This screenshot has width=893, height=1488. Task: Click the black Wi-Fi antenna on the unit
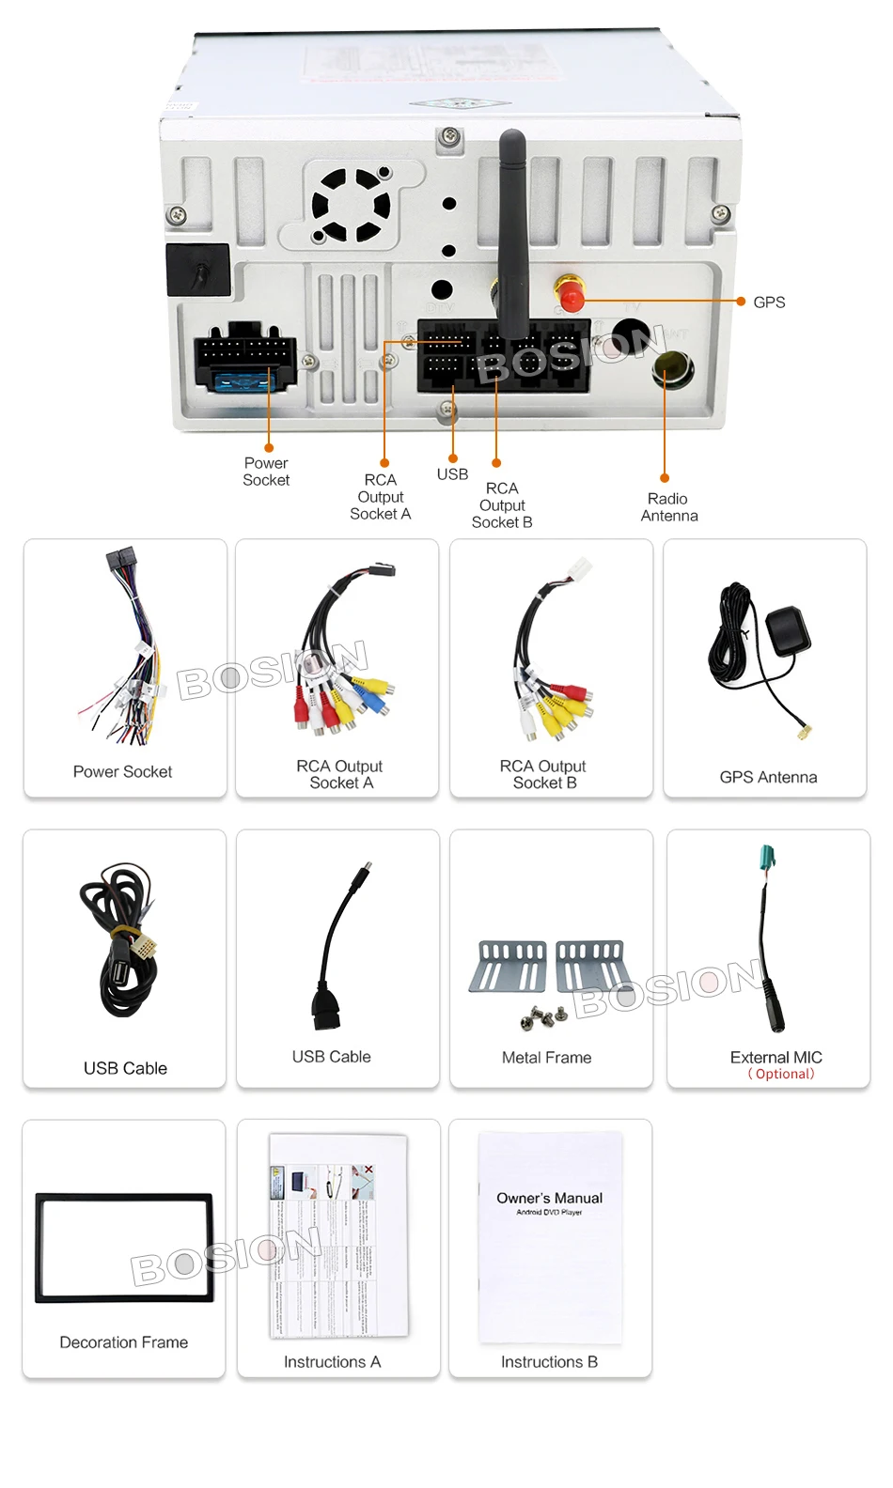tap(511, 225)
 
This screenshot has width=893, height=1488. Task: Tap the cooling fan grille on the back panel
tap(352, 205)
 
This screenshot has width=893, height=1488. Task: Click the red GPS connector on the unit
tap(569, 296)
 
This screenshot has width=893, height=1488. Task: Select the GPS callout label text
tap(769, 302)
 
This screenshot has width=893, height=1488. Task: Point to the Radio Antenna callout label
tap(668, 507)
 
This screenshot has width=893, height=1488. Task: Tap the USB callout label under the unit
tap(452, 474)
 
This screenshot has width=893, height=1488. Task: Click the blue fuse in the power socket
tap(245, 381)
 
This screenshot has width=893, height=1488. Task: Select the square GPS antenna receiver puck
tap(788, 631)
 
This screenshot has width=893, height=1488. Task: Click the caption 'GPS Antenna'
tap(768, 777)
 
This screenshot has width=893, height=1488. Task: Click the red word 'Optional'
tap(784, 1074)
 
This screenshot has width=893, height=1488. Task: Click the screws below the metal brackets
tap(542, 1016)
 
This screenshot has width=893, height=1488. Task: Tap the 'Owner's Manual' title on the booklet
tap(550, 1198)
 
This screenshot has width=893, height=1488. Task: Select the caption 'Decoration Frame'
tap(124, 1342)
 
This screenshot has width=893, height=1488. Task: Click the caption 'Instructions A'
tap(332, 1362)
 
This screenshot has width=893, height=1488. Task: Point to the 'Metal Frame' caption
tap(546, 1058)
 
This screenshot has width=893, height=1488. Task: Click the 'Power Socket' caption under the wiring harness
tap(122, 772)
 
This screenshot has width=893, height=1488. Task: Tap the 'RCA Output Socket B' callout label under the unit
tap(502, 505)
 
